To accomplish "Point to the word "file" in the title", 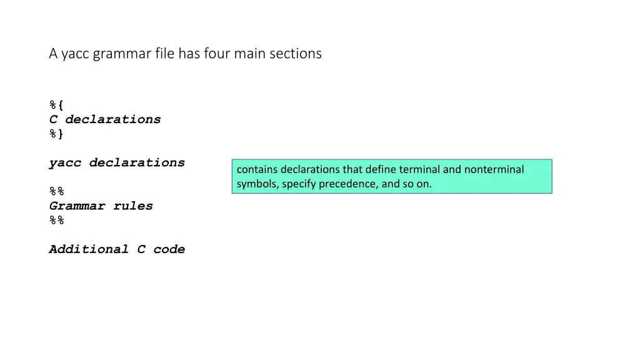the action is [164, 54].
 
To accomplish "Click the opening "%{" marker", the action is [56, 105].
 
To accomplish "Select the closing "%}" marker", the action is [56, 134].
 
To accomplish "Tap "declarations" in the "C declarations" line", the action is [112, 119].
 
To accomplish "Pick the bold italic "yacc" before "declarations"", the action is [65, 162].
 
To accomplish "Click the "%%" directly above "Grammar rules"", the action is [56, 191].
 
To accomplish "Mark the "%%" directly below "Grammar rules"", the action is [56, 220].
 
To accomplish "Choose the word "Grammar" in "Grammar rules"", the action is [77, 206].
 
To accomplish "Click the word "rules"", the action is [132, 206].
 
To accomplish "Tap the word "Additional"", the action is [89, 249].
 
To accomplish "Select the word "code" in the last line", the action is [169, 249].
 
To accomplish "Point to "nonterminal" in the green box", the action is [494, 169].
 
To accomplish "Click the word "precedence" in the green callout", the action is [344, 184].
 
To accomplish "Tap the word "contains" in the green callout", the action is [257, 169].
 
